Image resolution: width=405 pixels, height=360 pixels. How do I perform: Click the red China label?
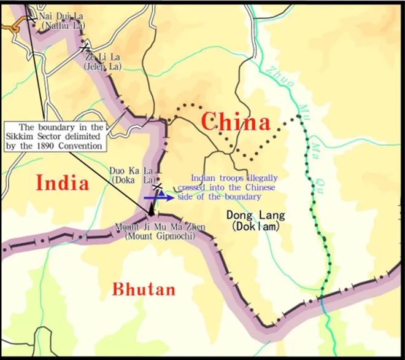235,121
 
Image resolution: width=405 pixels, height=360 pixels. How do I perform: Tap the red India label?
62,182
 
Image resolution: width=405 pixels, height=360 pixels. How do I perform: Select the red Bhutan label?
143,289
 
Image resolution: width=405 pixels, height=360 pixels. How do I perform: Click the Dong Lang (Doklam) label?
256,220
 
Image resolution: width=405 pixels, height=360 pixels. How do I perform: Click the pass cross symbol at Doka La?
158,184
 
